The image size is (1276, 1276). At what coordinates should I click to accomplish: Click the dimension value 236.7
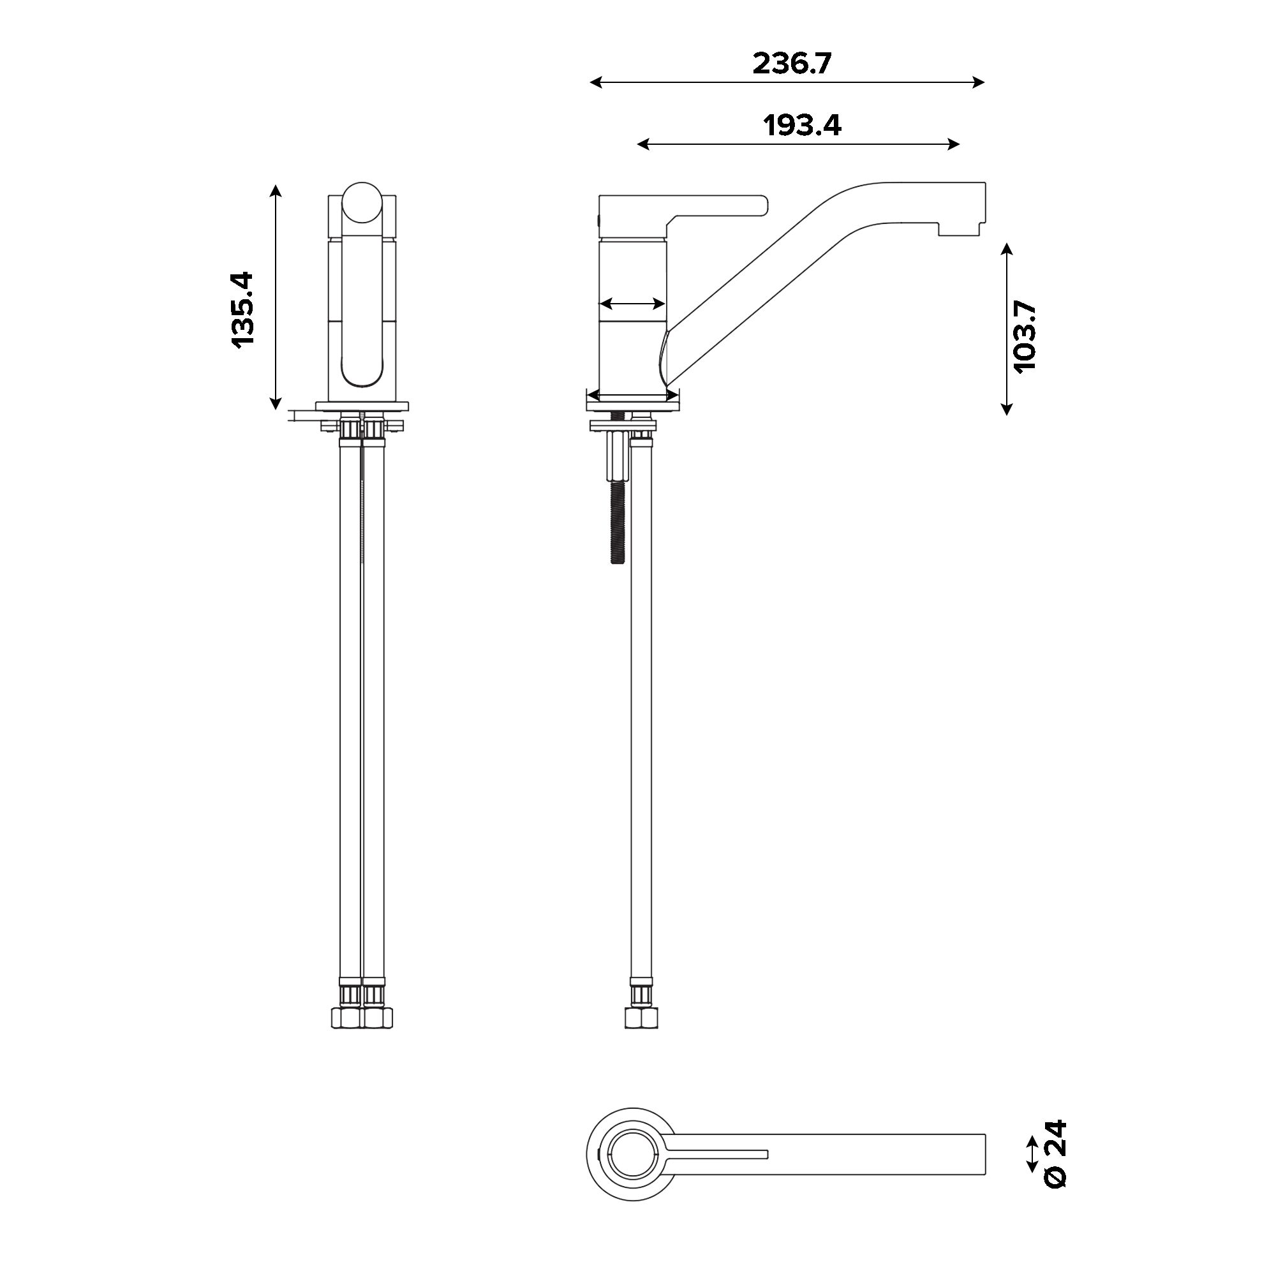(792, 63)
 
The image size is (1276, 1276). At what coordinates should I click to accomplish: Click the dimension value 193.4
(802, 125)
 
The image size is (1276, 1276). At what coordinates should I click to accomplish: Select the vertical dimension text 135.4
(242, 308)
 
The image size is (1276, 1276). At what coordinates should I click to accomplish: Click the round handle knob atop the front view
(362, 202)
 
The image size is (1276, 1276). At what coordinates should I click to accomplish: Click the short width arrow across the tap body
(632, 304)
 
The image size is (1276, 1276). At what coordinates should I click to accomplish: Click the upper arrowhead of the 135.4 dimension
(276, 191)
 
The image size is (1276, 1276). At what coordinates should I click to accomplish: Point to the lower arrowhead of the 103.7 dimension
(1006, 409)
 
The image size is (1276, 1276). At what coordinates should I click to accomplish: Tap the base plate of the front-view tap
(362, 406)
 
